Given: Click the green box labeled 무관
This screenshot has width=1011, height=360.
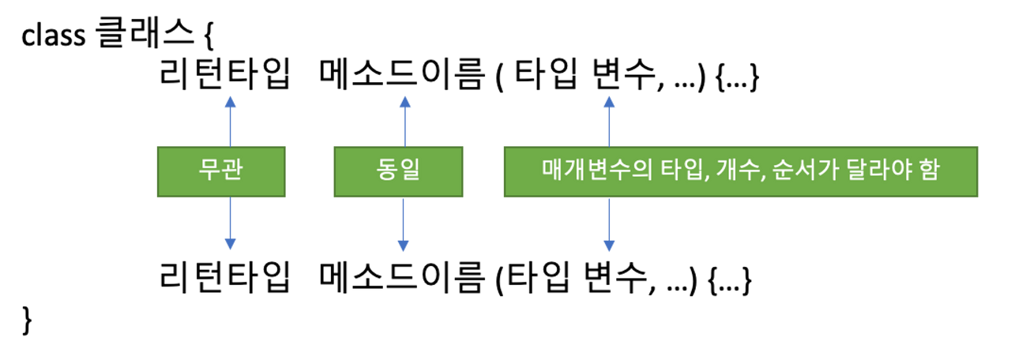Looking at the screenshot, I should [221, 171].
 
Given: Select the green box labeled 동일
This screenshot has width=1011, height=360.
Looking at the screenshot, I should [398, 171].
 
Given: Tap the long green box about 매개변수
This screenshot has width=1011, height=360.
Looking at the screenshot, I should [741, 171].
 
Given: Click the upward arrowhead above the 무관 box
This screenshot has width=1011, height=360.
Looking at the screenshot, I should [229, 101].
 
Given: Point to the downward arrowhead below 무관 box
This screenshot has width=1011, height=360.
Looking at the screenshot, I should [229, 245].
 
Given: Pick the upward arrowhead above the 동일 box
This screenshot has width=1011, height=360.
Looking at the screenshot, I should [404, 101].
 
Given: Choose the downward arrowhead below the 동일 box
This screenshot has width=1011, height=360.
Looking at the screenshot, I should [404, 245].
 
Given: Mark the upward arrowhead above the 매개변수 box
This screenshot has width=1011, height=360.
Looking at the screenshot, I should [608, 101].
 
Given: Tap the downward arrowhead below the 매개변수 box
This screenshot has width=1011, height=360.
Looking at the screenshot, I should [608, 245].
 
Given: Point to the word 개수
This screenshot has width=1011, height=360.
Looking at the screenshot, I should [739, 171].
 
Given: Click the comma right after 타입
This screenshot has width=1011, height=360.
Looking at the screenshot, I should [701, 178].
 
